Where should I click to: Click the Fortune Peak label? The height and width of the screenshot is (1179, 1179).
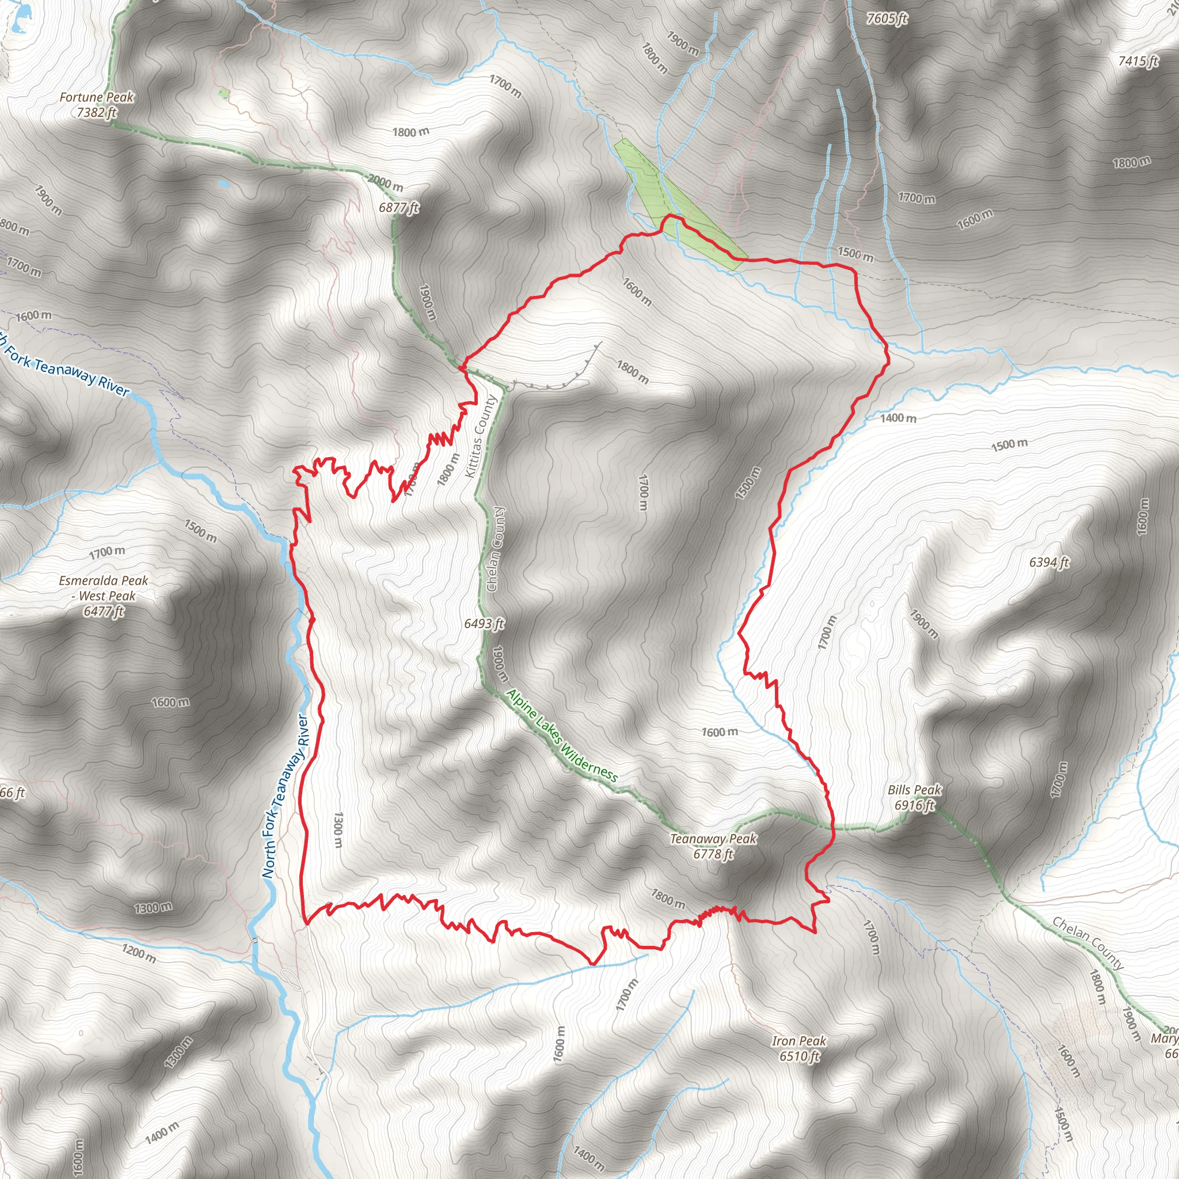tap(96, 98)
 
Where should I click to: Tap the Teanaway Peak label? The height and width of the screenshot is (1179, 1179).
tap(713, 839)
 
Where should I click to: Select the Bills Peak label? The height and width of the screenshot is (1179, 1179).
tap(914, 790)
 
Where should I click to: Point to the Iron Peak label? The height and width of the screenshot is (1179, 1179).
tap(798, 1041)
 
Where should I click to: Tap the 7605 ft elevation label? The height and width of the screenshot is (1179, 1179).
tap(886, 19)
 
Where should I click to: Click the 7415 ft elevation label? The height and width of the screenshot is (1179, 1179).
tap(1138, 62)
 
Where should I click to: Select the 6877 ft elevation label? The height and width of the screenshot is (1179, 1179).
tap(398, 207)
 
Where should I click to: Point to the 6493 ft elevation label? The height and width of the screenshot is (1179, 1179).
tap(484, 623)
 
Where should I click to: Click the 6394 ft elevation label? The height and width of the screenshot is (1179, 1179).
tap(1049, 562)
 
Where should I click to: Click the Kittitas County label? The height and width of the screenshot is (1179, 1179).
tap(480, 436)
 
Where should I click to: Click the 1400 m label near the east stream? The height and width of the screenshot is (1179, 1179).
tap(897, 418)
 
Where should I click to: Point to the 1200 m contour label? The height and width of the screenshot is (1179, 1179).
tap(139, 953)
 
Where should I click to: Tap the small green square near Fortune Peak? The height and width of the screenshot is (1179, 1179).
tap(223, 94)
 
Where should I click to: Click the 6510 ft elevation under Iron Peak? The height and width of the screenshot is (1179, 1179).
tap(798, 1056)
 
